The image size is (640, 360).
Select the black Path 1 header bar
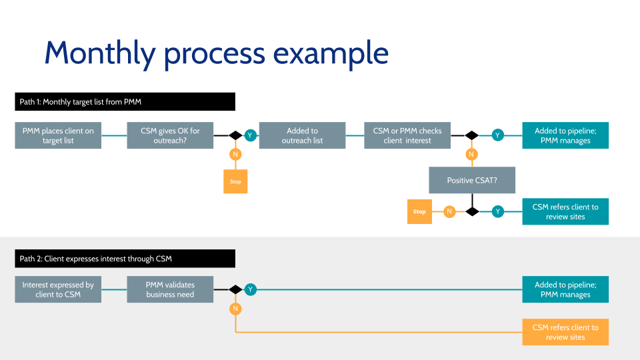[125, 101]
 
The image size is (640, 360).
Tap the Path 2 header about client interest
[125, 259]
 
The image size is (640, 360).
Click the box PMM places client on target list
[58, 135]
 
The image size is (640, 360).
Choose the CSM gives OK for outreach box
[170, 135]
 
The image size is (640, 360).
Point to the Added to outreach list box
[302, 135]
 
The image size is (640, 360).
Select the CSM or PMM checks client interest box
[407, 135]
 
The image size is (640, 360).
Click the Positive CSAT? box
[472, 180]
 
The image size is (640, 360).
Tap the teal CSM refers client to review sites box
[565, 211]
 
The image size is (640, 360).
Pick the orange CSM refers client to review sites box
[565, 332]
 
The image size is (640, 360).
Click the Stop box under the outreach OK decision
[235, 181]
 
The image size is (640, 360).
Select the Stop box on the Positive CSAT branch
[419, 212]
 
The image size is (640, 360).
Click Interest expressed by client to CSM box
[58, 289]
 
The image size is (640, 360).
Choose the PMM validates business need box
[170, 289]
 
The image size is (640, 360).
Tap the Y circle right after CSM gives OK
[250, 135]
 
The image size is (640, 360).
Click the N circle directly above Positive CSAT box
[472, 155]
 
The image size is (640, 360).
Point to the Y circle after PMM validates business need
[250, 289]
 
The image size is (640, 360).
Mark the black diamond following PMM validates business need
[235, 289]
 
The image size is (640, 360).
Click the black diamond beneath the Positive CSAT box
[472, 211]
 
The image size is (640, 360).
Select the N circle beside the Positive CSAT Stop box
[450, 211]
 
